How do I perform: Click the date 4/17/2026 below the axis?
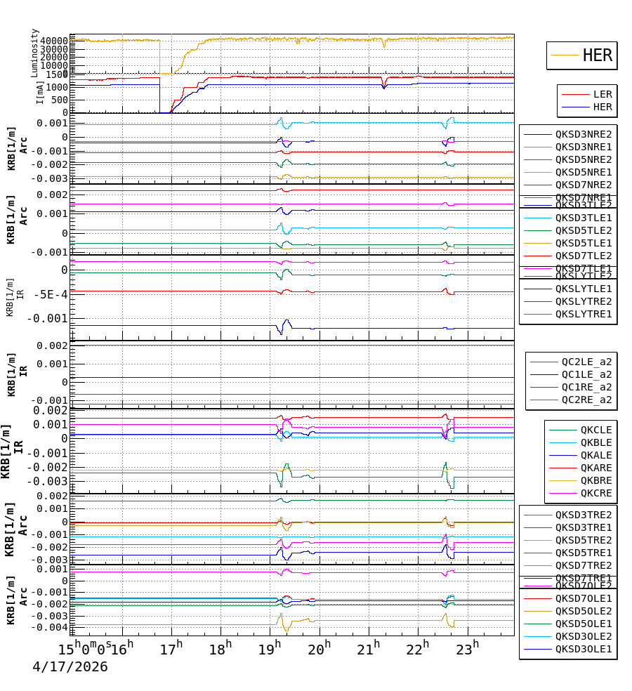(x=70, y=666)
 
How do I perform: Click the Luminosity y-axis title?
(x=34, y=52)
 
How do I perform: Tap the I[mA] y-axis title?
(x=40, y=92)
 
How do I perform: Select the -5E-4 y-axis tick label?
(x=48, y=294)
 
